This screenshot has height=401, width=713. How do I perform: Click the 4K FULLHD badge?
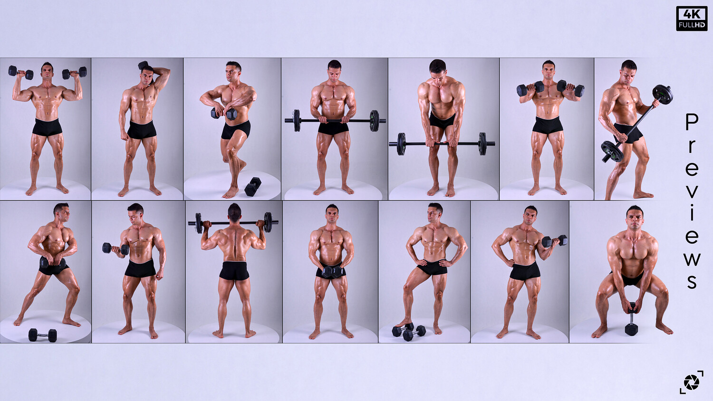pyautogui.click(x=692, y=19)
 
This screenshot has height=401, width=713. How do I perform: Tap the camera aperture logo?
pyautogui.click(x=691, y=382)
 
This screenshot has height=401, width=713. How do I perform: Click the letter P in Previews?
pyautogui.click(x=692, y=122)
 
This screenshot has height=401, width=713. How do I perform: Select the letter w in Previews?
pyautogui.click(x=692, y=259)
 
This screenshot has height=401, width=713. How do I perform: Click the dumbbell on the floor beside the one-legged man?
pyautogui.click(x=253, y=187)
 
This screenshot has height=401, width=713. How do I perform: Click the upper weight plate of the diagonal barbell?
pyautogui.click(x=663, y=95)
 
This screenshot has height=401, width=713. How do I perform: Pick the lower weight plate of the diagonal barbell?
pyautogui.click(x=612, y=152)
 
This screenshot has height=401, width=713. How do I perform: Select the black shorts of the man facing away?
pyautogui.click(x=234, y=270)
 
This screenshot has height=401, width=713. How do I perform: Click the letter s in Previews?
pyautogui.click(x=692, y=282)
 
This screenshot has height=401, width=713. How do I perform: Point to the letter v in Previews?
pyautogui.click(x=692, y=191)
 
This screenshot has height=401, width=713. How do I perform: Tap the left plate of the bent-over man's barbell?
pyautogui.click(x=401, y=144)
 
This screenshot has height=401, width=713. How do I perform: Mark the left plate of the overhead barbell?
pyautogui.click(x=199, y=223)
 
